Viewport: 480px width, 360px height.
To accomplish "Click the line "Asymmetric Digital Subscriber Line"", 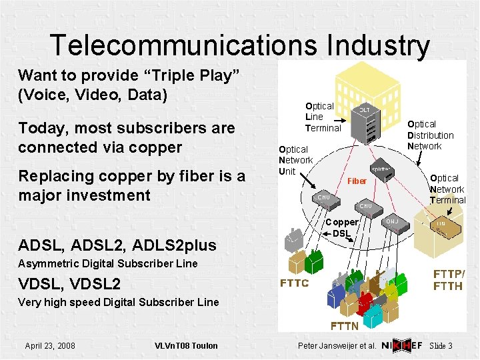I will [108, 263].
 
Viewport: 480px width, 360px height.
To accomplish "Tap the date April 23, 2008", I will [50, 345].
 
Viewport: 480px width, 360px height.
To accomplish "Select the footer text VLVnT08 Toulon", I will [186, 345].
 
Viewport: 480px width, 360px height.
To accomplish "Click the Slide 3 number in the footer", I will [441, 345].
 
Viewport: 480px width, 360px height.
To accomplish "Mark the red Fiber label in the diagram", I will [357, 181].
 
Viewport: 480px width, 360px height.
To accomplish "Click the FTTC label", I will [293, 283].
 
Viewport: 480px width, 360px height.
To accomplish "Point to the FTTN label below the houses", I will [345, 326].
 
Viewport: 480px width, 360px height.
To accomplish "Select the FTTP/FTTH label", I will [449, 281].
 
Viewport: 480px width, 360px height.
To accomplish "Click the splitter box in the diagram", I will [381, 169].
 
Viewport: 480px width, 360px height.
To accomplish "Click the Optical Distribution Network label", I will [430, 135].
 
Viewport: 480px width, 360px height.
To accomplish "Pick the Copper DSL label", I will [341, 227].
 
